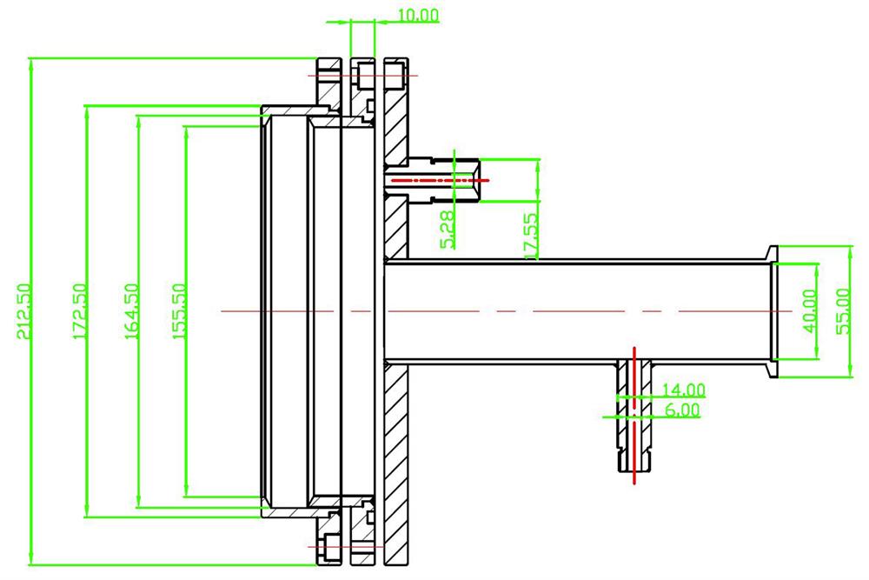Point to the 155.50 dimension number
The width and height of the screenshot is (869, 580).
[180, 311]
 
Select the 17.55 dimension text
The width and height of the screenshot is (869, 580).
[532, 233]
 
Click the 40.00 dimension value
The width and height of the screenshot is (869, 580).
[811, 310]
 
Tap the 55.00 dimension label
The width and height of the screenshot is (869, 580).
[840, 310]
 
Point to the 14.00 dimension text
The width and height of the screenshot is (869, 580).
[684, 390]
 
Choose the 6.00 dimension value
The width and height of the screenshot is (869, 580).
[682, 410]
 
